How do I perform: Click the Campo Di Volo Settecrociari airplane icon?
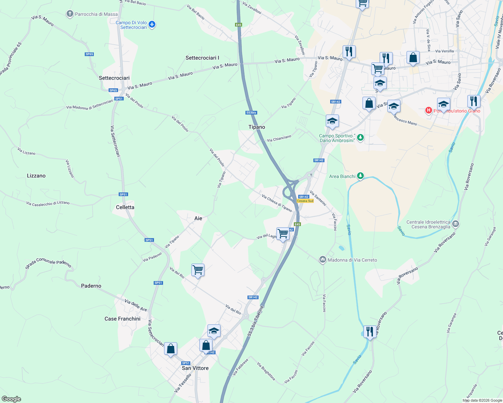[152, 25]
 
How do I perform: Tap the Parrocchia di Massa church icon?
[70, 14]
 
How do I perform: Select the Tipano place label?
[257, 127]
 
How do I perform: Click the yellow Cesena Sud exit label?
[305, 201]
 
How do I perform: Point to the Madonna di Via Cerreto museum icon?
[323, 260]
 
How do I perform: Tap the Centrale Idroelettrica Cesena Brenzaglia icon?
[456, 224]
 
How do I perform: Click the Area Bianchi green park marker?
[360, 176]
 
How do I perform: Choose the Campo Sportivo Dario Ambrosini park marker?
[360, 138]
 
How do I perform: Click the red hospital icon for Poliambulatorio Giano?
[429, 110]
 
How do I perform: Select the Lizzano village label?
[36, 176]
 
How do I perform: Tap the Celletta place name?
[125, 207]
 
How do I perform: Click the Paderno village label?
[91, 286]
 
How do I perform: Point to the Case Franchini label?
[122, 319]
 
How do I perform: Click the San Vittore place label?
[195, 368]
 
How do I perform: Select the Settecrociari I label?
[202, 58]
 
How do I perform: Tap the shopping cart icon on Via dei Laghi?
[283, 233]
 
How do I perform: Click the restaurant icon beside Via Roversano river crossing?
[370, 332]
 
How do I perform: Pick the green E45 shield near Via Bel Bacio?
[238, 25]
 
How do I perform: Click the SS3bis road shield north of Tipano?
[251, 113]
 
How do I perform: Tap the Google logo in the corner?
[11, 399]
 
